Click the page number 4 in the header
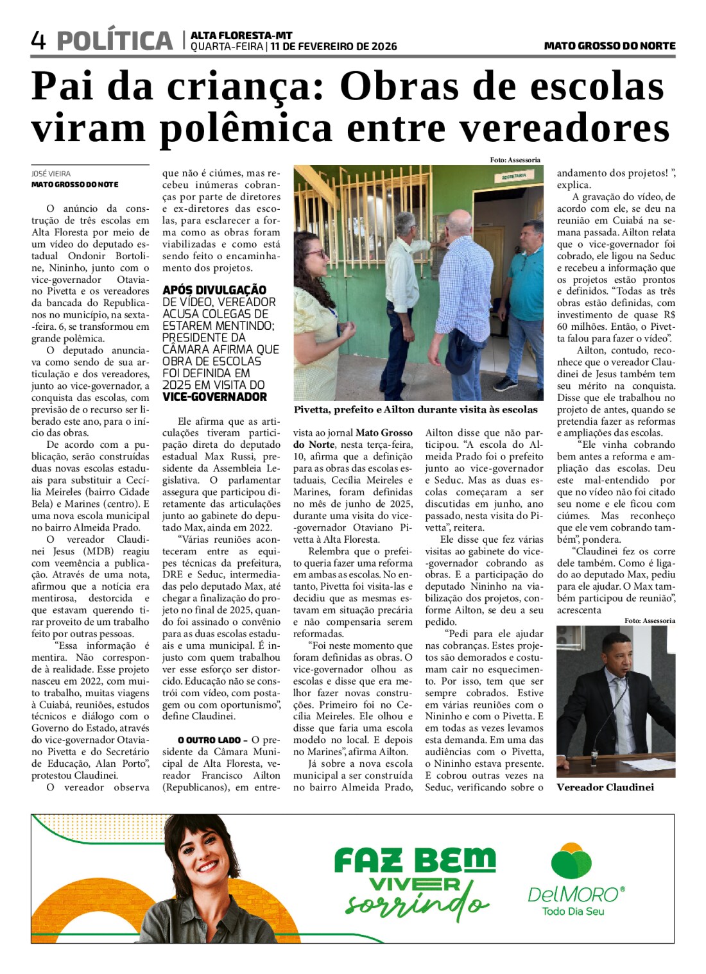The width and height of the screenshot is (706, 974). click(39, 40)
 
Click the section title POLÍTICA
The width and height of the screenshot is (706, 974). click(115, 41)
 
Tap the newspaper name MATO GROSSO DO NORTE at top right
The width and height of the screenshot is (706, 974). click(609, 46)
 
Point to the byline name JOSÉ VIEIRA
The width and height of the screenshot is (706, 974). click(51, 173)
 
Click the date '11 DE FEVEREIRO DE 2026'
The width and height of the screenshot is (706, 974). click(333, 47)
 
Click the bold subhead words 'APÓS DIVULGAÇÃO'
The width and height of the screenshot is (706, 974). click(214, 290)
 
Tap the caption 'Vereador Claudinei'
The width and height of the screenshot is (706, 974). click(605, 787)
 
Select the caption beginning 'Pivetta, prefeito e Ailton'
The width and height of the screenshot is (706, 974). click(415, 409)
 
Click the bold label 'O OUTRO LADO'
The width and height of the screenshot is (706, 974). click(209, 740)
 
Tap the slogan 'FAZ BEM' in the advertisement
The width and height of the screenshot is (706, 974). click(415, 860)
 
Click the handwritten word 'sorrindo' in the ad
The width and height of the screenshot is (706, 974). click(417, 905)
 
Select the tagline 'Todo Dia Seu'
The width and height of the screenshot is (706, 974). click(573, 911)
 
